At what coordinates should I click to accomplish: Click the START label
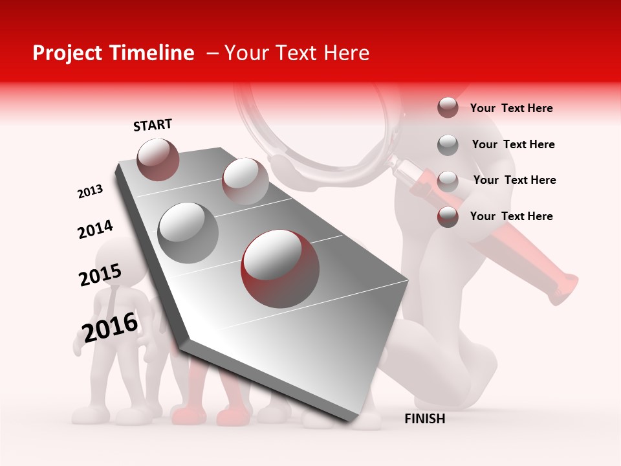pos(153,125)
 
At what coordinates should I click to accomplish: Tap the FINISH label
pos(424,419)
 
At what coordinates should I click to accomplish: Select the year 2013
pos(90,192)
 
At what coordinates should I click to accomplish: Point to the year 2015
pos(100,275)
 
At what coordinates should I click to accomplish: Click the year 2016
pos(110,327)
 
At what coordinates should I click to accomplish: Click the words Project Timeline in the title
pos(113,53)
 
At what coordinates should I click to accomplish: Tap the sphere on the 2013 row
pos(158,159)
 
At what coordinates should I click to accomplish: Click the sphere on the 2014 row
pos(245,181)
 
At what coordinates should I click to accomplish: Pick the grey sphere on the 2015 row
pos(188,232)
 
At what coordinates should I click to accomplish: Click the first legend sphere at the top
pos(448,108)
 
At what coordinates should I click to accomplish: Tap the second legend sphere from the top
pos(448,145)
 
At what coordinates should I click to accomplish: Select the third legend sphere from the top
pos(448,181)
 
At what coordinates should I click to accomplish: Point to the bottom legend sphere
pos(448,217)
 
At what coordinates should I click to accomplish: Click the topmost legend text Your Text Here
pos(511,108)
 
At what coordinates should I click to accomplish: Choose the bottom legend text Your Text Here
pos(511,216)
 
